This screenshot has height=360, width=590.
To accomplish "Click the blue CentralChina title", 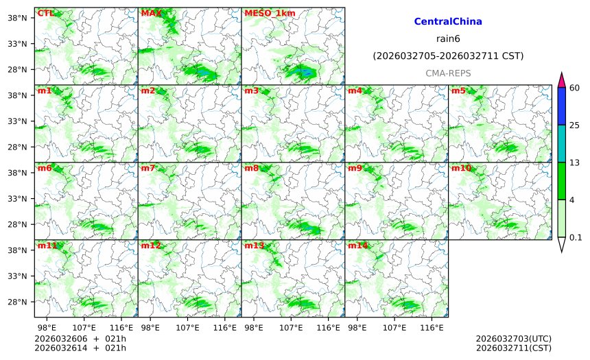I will pyautogui.click(x=448, y=22).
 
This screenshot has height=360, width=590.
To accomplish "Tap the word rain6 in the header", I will pyautogui.click(x=448, y=38).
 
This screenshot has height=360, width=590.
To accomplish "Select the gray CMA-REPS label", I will pyautogui.click(x=448, y=73).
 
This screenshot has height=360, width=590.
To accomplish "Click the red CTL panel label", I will pyautogui.click(x=46, y=13).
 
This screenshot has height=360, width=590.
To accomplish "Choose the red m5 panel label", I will pyautogui.click(x=458, y=91).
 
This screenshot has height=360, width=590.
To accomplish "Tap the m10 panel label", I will pyautogui.click(x=461, y=168).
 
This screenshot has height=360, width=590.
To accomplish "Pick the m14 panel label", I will pyautogui.click(x=357, y=245).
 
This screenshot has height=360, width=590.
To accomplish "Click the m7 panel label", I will pyautogui.click(x=148, y=168).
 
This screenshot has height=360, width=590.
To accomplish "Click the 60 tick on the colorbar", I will pyautogui.click(x=575, y=88).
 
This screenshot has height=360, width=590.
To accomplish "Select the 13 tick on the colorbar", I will pyautogui.click(x=575, y=163).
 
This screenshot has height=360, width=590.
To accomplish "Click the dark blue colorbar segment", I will pyautogui.click(x=561, y=106).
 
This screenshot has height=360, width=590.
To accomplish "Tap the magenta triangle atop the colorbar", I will pyautogui.click(x=561, y=80).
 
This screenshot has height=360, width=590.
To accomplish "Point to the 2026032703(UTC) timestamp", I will pyautogui.click(x=513, y=339).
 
